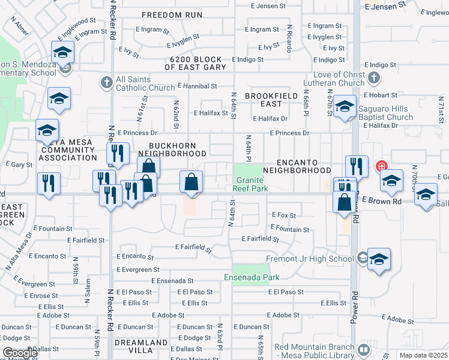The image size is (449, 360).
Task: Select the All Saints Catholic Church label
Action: tap(145, 83)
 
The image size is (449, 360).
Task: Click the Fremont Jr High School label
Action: tap(310, 259)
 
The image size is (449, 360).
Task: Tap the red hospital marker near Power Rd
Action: tap(381, 166)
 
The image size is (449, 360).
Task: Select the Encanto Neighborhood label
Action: tap(304, 166)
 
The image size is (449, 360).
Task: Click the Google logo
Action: tap(20, 353)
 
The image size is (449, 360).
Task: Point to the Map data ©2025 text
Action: tap(423, 355)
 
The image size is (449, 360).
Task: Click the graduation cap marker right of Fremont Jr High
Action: tap(379, 259)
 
